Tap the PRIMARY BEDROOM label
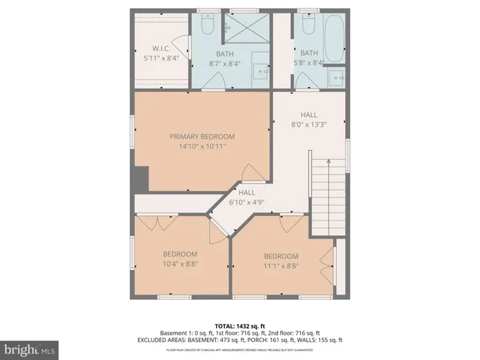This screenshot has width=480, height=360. [202, 136]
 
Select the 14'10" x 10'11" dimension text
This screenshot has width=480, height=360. [202, 146]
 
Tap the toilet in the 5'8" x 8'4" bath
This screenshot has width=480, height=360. [309, 27]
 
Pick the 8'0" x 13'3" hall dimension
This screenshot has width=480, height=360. [308, 124]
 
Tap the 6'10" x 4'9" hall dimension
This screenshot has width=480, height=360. [247, 202]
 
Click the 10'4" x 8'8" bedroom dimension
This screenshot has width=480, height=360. [180, 264]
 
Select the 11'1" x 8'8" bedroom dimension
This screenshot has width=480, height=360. [280, 265]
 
